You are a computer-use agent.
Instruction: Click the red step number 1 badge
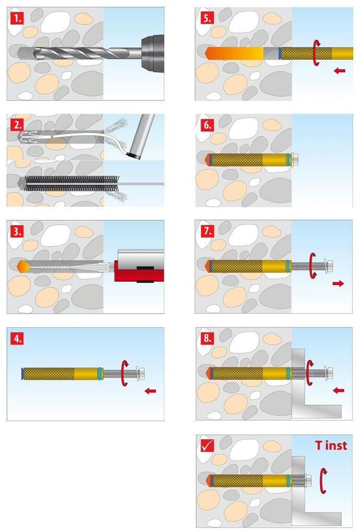point(17,18)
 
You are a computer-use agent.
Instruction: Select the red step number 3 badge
point(17,232)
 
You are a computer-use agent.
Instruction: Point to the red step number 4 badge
point(17,339)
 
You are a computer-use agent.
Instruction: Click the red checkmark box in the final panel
point(207,446)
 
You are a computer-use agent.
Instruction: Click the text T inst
point(331,445)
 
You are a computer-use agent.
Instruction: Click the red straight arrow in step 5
point(339,71)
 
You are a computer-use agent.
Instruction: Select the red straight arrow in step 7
point(338,283)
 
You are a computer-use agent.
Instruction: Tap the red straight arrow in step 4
point(150,391)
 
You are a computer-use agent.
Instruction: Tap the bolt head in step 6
point(294,159)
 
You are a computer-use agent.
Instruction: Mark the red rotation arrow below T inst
point(323,481)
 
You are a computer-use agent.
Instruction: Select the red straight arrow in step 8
point(339,391)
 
